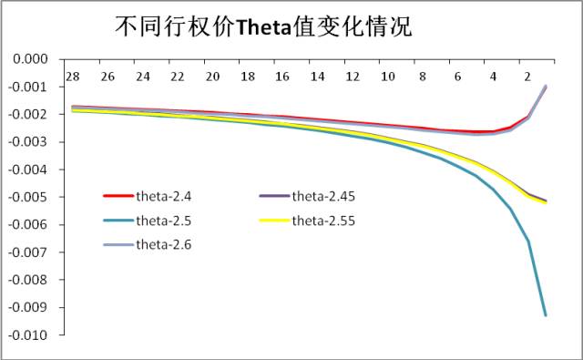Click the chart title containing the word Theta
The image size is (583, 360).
[x=263, y=26]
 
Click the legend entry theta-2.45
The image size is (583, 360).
[x=329, y=196]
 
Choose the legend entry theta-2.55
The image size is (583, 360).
[x=329, y=220]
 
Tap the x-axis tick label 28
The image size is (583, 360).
[x=72, y=76]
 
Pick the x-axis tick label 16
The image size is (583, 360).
[x=282, y=76]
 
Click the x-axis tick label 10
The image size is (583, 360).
[x=387, y=76]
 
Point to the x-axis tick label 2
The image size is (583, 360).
[x=528, y=76]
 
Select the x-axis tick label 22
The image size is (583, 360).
[x=177, y=76]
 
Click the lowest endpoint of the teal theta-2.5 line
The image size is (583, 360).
[x=546, y=315]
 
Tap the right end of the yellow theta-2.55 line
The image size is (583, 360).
[x=546, y=202]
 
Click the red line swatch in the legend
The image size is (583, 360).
[x=117, y=196]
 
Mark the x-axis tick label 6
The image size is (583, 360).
[x=458, y=76]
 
